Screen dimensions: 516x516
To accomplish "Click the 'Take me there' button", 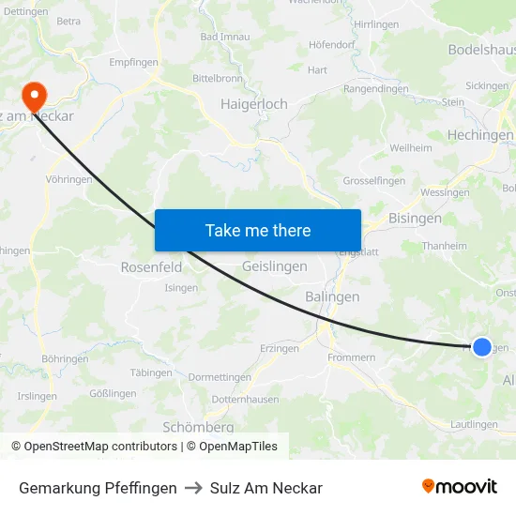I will click(257, 230).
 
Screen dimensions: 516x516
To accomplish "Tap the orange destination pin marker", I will click(35, 95).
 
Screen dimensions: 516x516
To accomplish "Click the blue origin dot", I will click(481, 347).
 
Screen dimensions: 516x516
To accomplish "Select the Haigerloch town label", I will click(253, 104).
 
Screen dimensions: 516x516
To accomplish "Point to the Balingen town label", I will click(332, 296).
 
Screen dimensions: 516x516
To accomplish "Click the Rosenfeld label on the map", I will click(151, 267).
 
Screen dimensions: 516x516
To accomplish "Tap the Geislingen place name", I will click(274, 266).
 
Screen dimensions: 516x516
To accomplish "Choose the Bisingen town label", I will click(415, 219).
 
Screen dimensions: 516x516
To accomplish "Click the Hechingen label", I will click(479, 135).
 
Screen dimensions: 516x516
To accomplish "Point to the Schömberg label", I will click(197, 426).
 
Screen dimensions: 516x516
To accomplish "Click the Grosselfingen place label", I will click(373, 180).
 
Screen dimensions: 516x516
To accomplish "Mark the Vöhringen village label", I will click(68, 179).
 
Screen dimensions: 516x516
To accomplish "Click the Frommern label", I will click(352, 357).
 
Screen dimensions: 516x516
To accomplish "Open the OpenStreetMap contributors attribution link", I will click(100, 447).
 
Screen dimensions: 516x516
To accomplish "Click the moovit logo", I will click(459, 487).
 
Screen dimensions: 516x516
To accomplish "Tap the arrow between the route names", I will click(193, 488).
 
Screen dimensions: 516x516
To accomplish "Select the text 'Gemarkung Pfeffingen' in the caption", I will click(98, 488).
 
